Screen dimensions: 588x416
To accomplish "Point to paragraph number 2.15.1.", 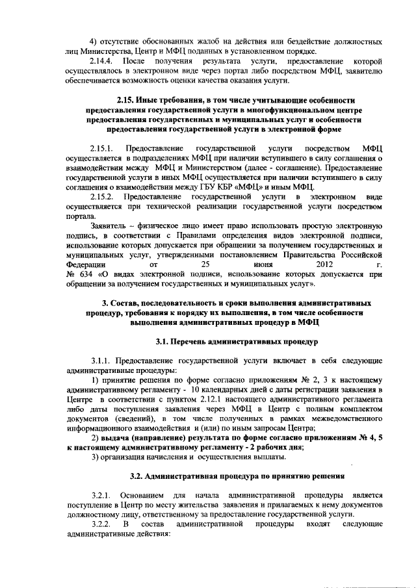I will [x=103, y=148].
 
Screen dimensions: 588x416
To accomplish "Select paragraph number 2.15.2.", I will [x=103, y=196].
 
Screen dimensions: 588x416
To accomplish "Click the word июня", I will [x=264, y=264].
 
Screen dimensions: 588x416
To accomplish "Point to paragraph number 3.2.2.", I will [x=103, y=524].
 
